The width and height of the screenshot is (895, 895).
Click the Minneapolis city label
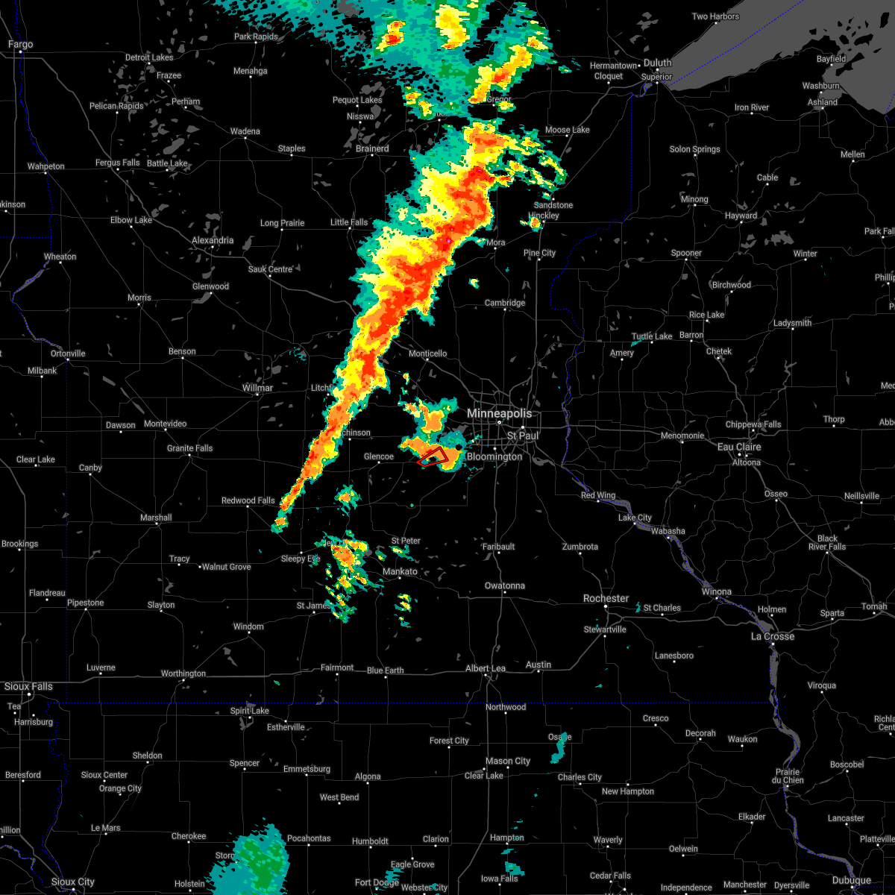click(x=500, y=413)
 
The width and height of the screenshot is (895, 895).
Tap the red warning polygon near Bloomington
click(x=433, y=456)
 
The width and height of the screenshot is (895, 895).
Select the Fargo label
click(x=21, y=45)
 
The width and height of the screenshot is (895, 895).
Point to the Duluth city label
click(x=658, y=63)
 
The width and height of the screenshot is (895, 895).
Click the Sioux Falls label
click(x=28, y=686)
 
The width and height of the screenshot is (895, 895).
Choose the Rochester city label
click(x=606, y=599)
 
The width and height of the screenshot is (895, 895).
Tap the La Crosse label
click(x=773, y=636)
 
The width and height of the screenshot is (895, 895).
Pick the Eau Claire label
click(x=739, y=447)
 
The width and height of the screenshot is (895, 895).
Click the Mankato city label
click(x=400, y=571)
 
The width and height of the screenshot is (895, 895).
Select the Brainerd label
click(x=372, y=148)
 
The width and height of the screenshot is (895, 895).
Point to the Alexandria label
click(x=213, y=241)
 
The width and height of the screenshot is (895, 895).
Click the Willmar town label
click(x=258, y=388)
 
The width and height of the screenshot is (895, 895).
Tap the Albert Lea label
click(x=486, y=668)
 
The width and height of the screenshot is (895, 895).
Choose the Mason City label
click(x=508, y=761)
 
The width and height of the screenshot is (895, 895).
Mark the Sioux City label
click(x=73, y=882)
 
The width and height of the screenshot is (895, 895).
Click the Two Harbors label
click(x=715, y=16)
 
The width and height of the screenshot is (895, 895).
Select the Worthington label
click(x=183, y=673)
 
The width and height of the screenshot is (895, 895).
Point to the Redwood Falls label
click(x=248, y=500)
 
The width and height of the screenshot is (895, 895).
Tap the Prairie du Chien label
click(x=788, y=776)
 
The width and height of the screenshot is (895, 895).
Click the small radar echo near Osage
click(x=559, y=748)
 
